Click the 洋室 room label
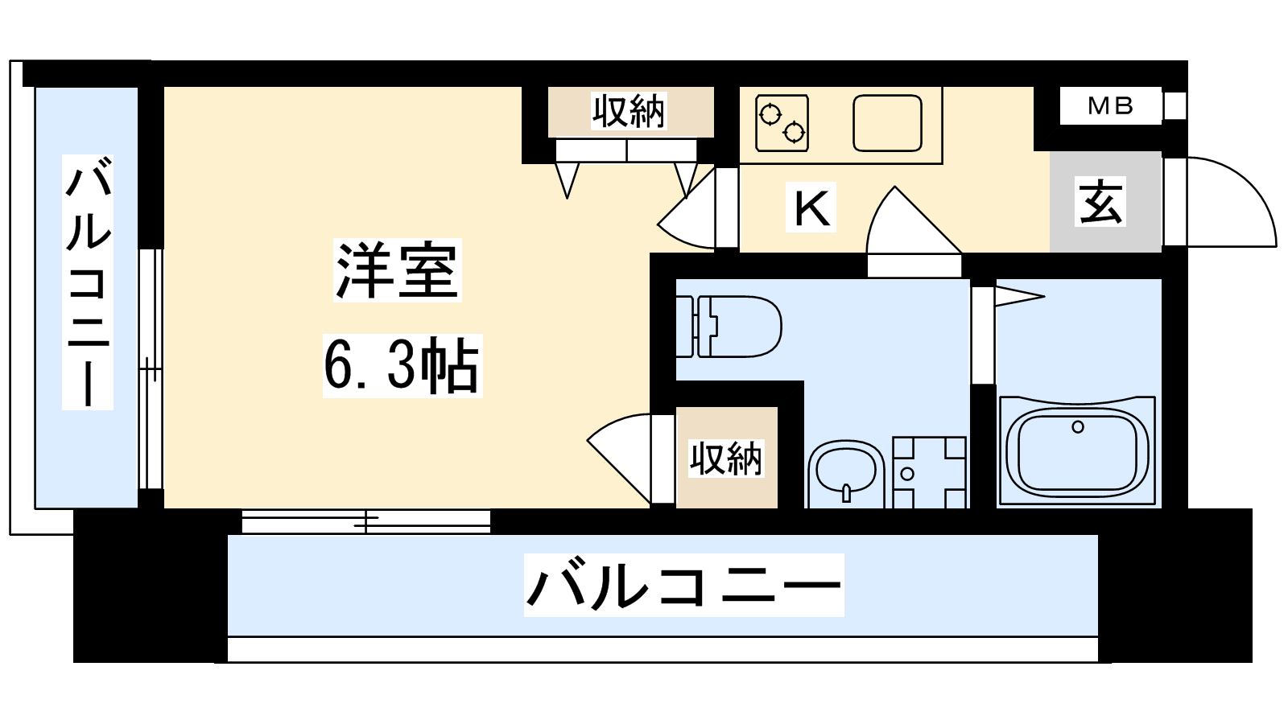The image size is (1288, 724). (398, 270)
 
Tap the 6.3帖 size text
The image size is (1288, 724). (402, 365)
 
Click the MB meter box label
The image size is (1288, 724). (1110, 105)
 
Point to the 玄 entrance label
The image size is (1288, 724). (1100, 201)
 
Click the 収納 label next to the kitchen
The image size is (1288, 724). (629, 111)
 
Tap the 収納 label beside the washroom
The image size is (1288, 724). (726, 459)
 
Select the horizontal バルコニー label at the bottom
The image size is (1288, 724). (683, 585)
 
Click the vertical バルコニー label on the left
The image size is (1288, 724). (88, 282)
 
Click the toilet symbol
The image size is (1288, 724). (729, 327)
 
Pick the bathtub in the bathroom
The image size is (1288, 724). (1078, 451)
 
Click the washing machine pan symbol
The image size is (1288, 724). (929, 472)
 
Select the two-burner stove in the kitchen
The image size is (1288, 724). (782, 123)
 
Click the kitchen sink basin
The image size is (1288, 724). (887, 123)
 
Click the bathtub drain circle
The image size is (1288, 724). (1078, 427)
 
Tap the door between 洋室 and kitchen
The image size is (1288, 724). (697, 208)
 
